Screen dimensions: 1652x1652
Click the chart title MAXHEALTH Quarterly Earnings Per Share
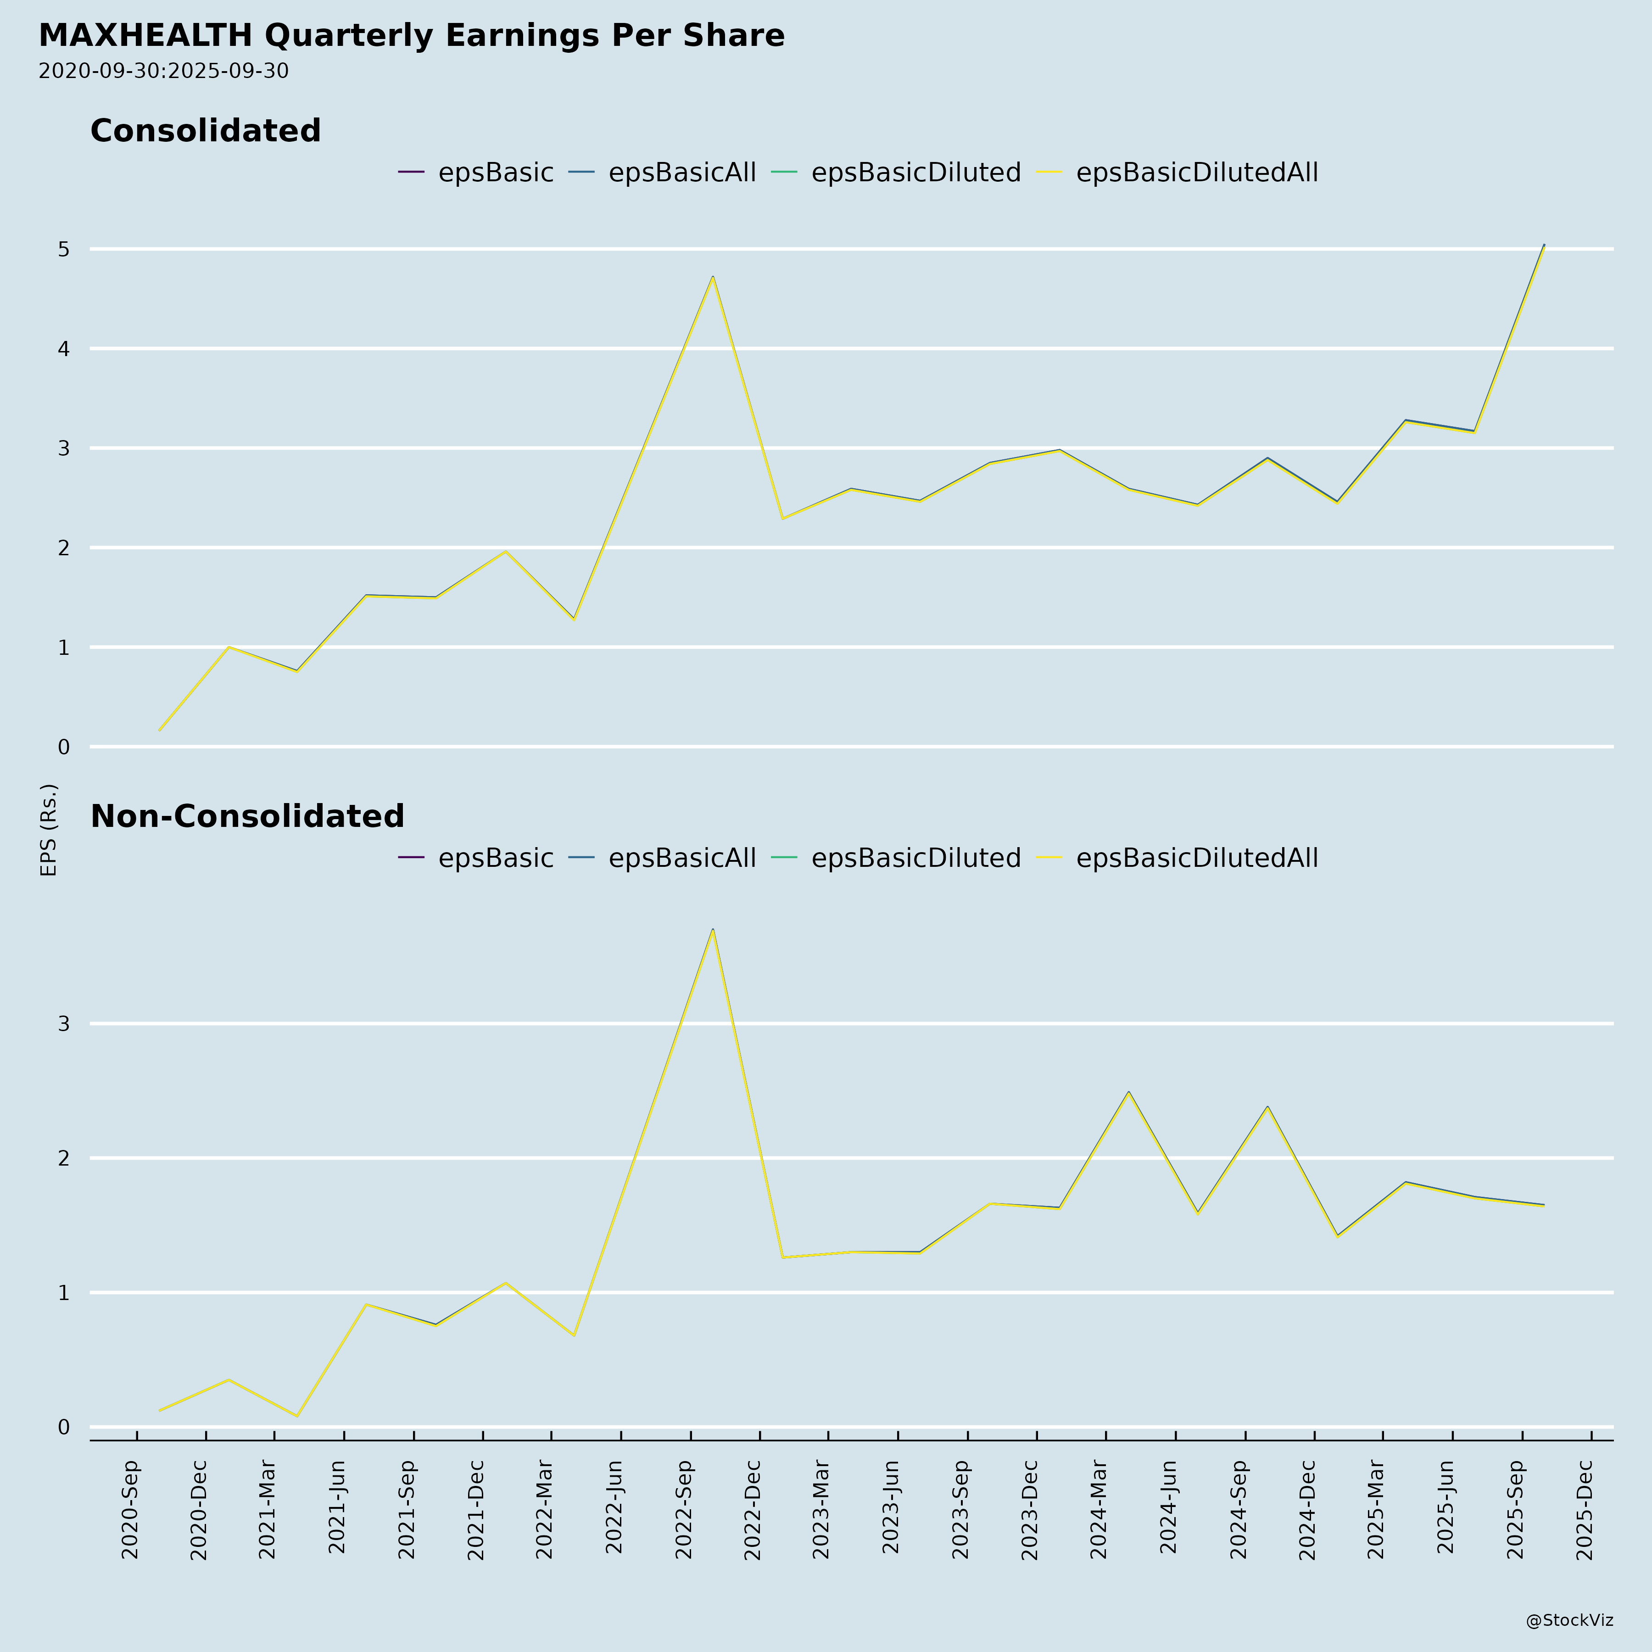(411, 36)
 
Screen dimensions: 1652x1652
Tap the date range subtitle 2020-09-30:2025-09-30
(163, 71)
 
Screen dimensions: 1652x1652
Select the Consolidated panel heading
(205, 131)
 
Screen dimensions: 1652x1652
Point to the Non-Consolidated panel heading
(247, 817)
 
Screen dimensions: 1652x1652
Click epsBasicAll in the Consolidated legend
(681, 173)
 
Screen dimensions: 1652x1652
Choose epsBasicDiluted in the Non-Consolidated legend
(916, 858)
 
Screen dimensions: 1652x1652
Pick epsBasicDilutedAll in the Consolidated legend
(1196, 173)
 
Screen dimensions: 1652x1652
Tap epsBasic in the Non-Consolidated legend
(495, 858)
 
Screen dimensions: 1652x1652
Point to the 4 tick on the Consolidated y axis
(63, 349)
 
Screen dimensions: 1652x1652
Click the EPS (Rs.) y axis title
(49, 829)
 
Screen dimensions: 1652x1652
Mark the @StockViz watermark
(1569, 1620)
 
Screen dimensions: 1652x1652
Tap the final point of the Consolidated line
(1543, 246)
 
